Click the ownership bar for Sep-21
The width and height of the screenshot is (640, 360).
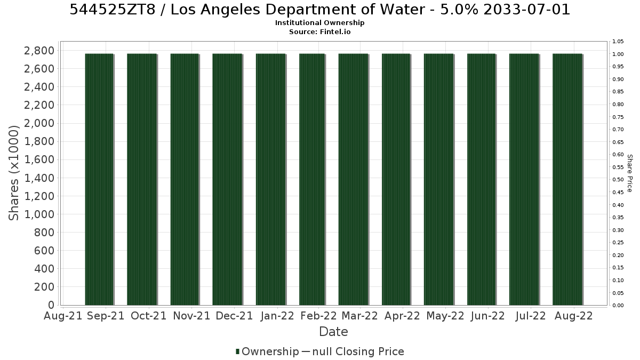(x=99, y=179)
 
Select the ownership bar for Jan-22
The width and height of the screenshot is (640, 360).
(x=271, y=179)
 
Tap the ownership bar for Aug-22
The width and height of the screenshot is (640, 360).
(x=567, y=179)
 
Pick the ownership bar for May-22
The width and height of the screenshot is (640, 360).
(x=439, y=179)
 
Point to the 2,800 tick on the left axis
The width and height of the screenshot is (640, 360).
(x=39, y=51)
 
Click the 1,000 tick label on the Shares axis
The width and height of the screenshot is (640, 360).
(x=39, y=214)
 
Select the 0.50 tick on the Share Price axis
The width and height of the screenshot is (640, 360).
(x=618, y=180)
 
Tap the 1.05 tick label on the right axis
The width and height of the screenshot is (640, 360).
(x=618, y=42)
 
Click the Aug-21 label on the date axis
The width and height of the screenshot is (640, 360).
(x=63, y=316)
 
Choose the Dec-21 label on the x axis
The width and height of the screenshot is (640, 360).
(x=234, y=316)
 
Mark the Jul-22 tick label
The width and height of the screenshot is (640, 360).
(x=531, y=316)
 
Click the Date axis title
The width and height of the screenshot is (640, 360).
(x=333, y=332)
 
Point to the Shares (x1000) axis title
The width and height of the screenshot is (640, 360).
(x=13, y=173)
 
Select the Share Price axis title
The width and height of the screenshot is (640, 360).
(x=630, y=173)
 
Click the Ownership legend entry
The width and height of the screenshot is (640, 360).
(x=267, y=351)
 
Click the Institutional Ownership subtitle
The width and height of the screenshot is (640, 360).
(x=319, y=23)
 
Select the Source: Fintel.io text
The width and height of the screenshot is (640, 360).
(x=319, y=31)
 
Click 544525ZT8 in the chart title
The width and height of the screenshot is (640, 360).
(x=113, y=10)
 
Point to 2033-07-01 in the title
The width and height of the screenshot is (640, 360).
(x=526, y=10)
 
